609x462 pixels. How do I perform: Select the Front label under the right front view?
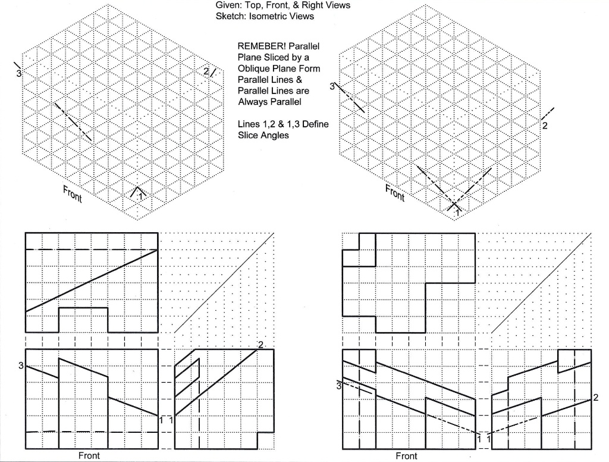pyautogui.click(x=407, y=456)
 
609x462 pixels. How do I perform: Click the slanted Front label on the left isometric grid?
pyautogui.click(x=73, y=193)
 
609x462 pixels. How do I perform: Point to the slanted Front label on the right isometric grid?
pyautogui.click(x=394, y=193)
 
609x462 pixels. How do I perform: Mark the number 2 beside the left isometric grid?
pyautogui.click(x=206, y=72)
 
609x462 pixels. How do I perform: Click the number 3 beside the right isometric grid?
pyautogui.click(x=332, y=87)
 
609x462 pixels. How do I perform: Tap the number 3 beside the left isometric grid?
pyautogui.click(x=19, y=73)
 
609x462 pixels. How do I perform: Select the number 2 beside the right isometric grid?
pyautogui.click(x=544, y=125)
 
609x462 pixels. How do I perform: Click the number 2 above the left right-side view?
pyautogui.click(x=260, y=345)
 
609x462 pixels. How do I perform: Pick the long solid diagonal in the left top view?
pyautogui.click(x=92, y=280)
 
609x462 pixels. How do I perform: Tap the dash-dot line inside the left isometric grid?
pyautogui.click(x=73, y=121)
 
